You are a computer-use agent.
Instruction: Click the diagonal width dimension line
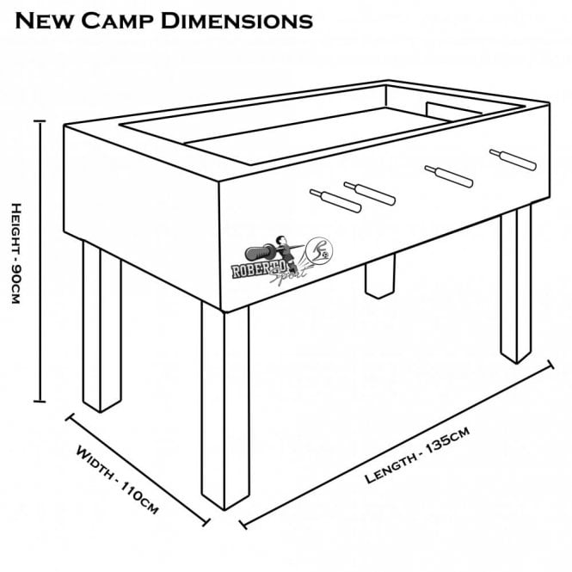click(x=138, y=469)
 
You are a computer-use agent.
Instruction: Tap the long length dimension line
click(x=397, y=442)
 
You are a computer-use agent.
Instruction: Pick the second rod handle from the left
click(x=370, y=193)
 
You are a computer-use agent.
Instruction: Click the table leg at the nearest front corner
click(x=224, y=404)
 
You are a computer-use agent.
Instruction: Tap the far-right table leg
click(x=516, y=284)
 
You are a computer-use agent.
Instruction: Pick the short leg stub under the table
click(x=378, y=280)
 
